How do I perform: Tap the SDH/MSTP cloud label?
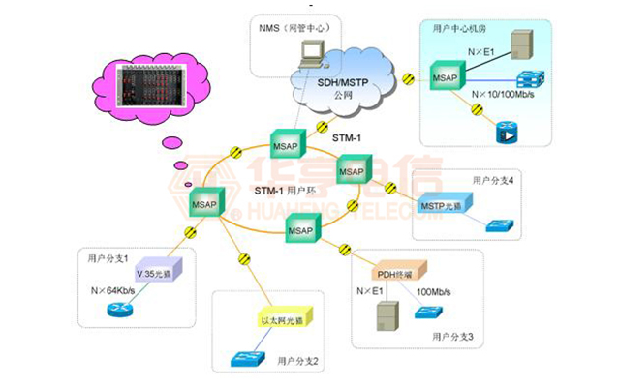[x=341, y=85]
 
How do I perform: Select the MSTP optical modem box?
[x=445, y=205]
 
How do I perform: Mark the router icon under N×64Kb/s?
[x=121, y=311]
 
